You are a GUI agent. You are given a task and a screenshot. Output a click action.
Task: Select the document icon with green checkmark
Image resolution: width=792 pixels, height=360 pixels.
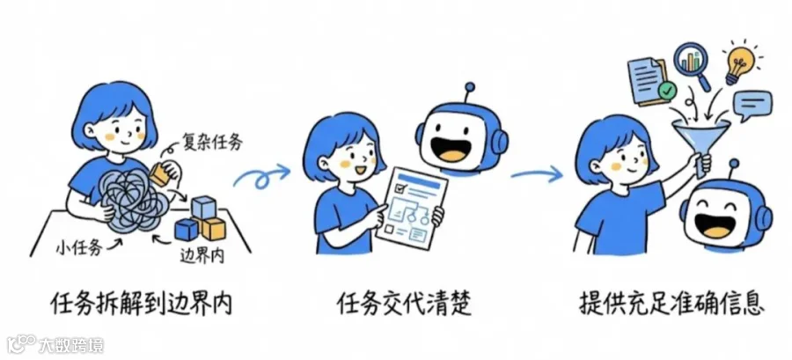point(649,79)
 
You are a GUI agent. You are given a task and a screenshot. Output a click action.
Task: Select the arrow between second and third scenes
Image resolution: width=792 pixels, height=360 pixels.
point(537,173)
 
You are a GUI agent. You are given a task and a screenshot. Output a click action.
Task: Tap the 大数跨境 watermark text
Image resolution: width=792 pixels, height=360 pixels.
point(70,344)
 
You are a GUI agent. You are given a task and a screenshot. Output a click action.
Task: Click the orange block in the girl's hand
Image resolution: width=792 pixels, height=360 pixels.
point(161,175)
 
